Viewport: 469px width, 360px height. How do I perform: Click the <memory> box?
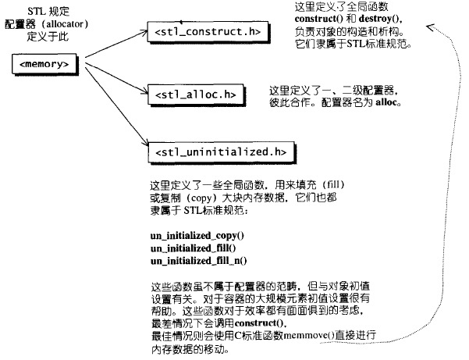pos(44,64)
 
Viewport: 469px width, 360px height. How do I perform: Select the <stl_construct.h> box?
pos(208,31)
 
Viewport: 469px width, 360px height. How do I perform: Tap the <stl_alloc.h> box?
pos(196,94)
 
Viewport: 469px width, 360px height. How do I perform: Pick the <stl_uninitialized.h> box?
pos(221,152)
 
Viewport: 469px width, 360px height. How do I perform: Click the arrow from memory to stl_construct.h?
pos(116,44)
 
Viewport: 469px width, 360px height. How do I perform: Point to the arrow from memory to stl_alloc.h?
pos(116,78)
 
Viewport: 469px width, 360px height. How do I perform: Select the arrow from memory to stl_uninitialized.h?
pos(116,106)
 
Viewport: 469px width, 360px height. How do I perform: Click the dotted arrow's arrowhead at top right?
pos(431,27)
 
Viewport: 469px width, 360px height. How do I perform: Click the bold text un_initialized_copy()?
pos(197,236)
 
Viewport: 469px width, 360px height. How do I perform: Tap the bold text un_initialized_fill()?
pos(194,248)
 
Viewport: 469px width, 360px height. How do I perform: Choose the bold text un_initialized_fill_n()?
pos(199,261)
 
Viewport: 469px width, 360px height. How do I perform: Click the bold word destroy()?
pos(380,19)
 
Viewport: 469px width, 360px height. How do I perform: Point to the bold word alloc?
pos(386,102)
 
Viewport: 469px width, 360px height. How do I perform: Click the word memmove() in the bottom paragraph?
pos(309,336)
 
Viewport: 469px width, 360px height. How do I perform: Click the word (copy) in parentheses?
pos(201,198)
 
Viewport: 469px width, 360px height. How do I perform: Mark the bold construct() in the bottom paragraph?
pos(260,323)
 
